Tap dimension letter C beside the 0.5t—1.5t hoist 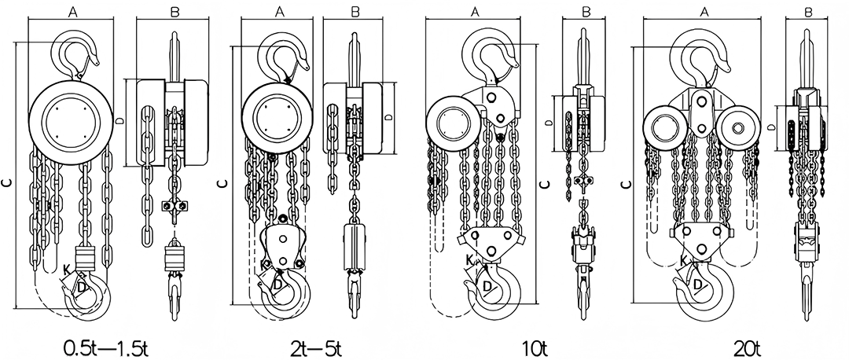[x=7, y=182]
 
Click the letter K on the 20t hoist [x=683, y=261]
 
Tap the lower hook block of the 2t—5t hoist [x=281, y=245]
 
